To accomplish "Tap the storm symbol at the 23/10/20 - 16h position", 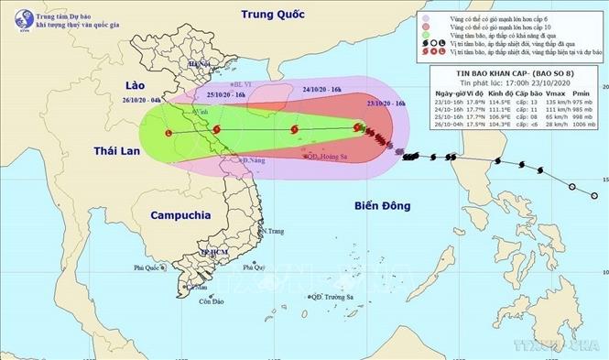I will click(358, 129).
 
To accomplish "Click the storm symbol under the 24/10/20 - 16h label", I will click(294, 132).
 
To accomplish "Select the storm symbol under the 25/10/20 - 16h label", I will click(216, 132).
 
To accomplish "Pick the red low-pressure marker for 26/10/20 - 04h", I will click(168, 133).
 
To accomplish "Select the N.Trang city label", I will click(272, 231).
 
